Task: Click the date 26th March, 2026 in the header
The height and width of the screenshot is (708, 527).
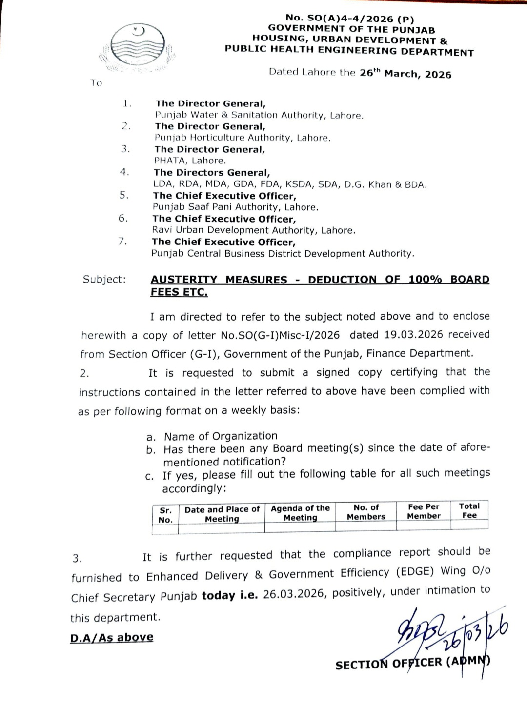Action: pyautogui.click(x=405, y=74)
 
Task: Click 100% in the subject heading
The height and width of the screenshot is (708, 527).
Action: pyautogui.click(x=425, y=279)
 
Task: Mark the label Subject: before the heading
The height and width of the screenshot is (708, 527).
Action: pyautogui.click(x=104, y=279)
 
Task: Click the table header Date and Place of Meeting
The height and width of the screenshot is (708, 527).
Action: pyautogui.click(x=222, y=514)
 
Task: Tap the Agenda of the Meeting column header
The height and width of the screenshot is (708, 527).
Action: pyautogui.click(x=300, y=513)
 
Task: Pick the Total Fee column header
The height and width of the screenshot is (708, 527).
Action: pyautogui.click(x=469, y=510)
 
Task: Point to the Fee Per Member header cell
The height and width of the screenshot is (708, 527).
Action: pyautogui.click(x=424, y=511)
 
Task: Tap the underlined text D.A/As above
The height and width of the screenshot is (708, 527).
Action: pyautogui.click(x=112, y=637)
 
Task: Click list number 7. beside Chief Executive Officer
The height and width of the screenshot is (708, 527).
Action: pyautogui.click(x=122, y=241)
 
